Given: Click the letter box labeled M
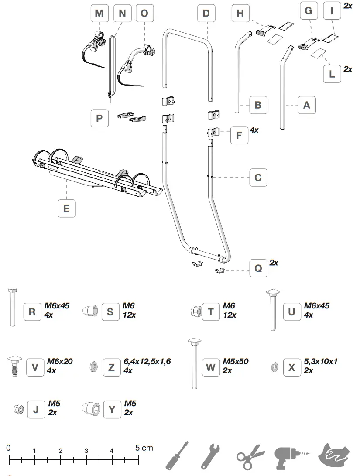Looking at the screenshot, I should (99, 14).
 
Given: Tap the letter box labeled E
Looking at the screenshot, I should (66, 209).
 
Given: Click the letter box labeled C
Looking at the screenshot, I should (258, 178).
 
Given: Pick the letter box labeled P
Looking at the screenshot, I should (99, 118).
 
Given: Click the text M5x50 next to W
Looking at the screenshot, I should (236, 361).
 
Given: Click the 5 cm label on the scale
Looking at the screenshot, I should (144, 448).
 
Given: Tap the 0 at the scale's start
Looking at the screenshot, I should (8, 448).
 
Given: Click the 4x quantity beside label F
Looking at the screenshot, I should (254, 130).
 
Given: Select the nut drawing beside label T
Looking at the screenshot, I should (195, 311).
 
